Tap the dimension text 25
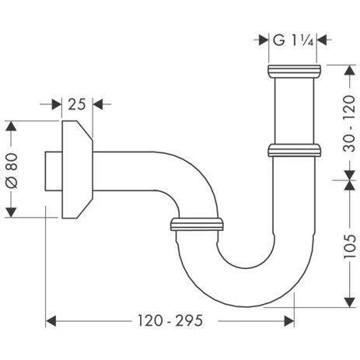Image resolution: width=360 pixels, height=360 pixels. (76, 103)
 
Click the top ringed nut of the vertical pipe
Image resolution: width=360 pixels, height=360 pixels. (292, 72)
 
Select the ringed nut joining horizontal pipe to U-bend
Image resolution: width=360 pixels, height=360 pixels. (196, 225)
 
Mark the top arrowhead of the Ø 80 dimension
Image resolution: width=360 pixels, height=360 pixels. (11, 127)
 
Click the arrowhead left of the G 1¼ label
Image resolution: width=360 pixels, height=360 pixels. (264, 39)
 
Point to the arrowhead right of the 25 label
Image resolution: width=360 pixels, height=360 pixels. (97, 103)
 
